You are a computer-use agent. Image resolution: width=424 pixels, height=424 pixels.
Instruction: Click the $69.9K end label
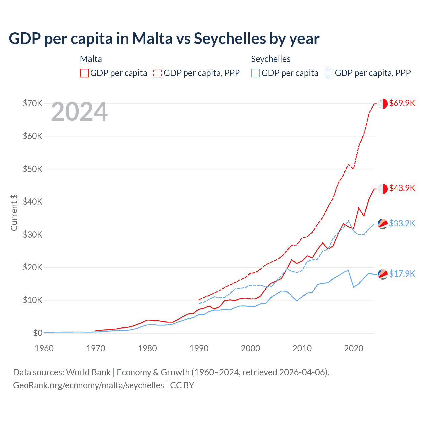click(402, 103)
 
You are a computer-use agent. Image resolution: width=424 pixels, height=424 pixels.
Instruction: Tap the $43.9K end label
click(402, 188)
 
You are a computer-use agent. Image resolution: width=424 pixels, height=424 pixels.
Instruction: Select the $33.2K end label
click(402, 223)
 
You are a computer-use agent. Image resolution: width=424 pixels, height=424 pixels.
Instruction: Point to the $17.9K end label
click(402, 274)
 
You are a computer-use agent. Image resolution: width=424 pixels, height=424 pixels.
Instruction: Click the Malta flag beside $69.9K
click(383, 103)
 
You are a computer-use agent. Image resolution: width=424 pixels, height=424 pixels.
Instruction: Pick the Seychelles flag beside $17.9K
click(383, 274)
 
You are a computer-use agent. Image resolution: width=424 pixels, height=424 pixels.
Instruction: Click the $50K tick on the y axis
click(33, 169)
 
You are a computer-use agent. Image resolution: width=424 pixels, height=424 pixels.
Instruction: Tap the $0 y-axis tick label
click(38, 333)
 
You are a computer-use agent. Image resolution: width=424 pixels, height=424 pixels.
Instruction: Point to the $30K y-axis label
click(33, 235)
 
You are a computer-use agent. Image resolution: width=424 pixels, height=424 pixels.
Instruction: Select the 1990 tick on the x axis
click(199, 348)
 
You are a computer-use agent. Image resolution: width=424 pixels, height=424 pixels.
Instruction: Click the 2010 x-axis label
click(302, 348)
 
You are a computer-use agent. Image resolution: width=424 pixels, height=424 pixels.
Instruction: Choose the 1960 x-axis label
click(44, 348)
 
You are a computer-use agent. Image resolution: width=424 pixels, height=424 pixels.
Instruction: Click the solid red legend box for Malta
click(84, 73)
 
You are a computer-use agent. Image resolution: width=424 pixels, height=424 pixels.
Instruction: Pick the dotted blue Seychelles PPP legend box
click(329, 73)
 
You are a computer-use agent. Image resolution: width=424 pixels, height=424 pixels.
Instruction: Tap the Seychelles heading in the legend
click(271, 59)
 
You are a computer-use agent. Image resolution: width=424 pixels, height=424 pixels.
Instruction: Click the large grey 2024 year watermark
click(79, 112)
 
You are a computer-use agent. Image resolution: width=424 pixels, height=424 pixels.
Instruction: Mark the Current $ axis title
click(14, 213)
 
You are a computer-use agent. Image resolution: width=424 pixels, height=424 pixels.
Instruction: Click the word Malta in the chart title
click(152, 38)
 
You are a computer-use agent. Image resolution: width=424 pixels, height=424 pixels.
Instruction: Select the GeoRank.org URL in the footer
click(88, 385)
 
